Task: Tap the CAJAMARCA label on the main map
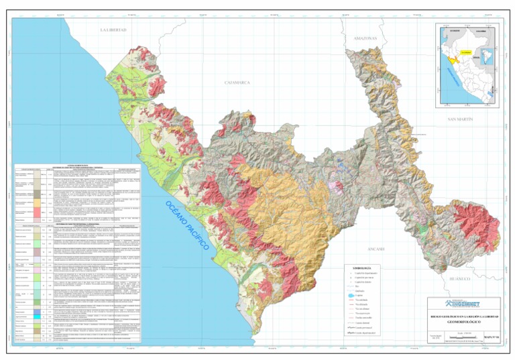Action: click(237, 82)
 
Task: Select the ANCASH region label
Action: click(394, 249)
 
